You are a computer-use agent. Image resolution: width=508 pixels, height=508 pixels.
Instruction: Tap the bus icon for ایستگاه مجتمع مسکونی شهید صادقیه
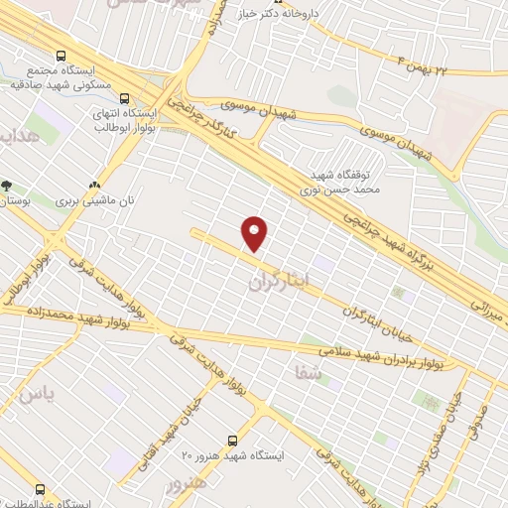point(63,57)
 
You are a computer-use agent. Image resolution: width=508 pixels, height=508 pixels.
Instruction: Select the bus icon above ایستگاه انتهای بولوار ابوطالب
point(125,99)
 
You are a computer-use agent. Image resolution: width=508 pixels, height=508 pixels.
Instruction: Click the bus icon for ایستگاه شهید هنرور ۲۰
point(233,440)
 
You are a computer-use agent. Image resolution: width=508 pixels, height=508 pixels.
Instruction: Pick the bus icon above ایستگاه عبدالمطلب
point(41,489)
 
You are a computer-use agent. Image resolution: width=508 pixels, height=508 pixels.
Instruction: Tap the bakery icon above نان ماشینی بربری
point(96,185)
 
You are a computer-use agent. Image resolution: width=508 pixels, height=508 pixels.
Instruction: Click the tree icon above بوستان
point(7,186)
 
